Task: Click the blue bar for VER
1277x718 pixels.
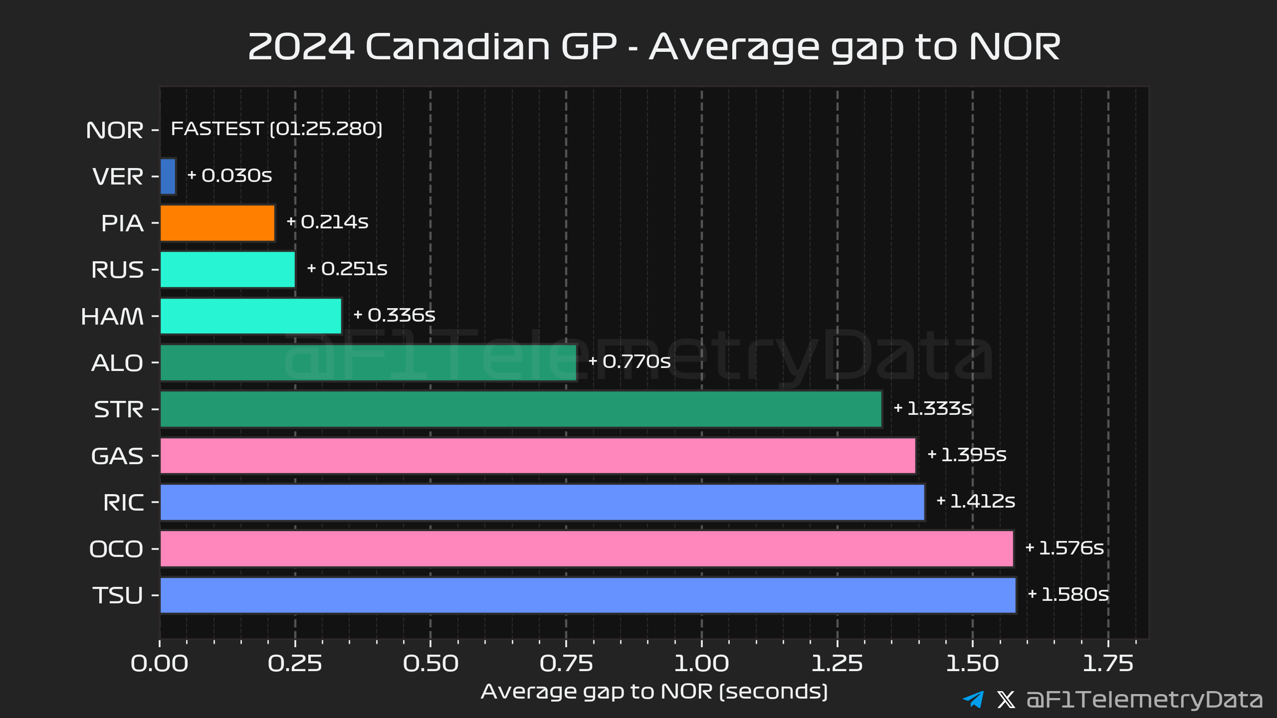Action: [168, 177]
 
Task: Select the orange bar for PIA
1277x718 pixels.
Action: [217, 223]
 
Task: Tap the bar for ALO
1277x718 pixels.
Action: [368, 362]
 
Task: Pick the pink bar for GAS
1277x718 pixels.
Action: [538, 455]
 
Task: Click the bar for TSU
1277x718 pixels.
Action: [588, 595]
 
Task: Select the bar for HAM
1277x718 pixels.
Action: [251, 316]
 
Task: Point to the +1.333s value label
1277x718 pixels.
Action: [933, 408]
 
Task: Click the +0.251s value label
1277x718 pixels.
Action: [347, 269]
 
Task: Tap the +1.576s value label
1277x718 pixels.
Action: [1064, 548]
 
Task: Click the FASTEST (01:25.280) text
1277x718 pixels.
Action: [276, 129]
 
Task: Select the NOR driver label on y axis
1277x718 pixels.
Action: [115, 131]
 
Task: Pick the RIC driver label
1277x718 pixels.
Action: [123, 503]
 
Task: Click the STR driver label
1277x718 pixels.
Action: [119, 410]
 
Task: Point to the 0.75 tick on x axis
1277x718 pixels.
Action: [566, 664]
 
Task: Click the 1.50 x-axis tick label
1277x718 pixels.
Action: [972, 664]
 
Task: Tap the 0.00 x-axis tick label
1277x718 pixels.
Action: [160, 664]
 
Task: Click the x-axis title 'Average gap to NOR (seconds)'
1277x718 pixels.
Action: [654, 692]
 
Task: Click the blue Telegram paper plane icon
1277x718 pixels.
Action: [973, 699]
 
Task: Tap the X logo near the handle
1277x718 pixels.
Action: [1006, 700]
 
